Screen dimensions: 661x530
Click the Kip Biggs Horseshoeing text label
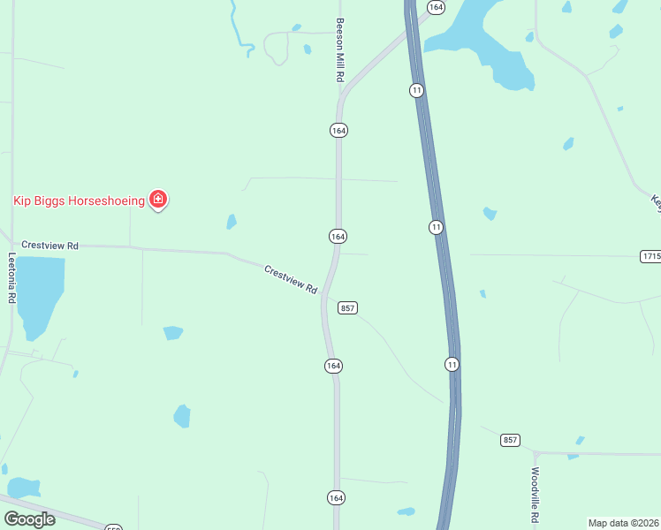tap(79, 201)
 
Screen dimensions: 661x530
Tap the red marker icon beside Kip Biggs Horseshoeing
tap(158, 200)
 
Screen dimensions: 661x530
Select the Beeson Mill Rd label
tap(338, 51)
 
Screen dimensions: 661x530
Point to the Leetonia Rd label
tap(12, 279)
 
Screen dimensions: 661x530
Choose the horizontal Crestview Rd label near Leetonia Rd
tap(50, 245)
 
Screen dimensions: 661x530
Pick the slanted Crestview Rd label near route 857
tap(291, 279)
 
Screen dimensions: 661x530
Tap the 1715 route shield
tap(650, 255)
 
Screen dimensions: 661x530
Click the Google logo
tap(30, 519)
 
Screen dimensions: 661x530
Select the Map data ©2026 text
tap(623, 523)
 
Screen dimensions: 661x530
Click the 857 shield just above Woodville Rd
tap(510, 440)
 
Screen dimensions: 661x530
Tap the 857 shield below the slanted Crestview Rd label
tap(347, 307)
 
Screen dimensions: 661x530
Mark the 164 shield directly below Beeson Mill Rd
tap(338, 130)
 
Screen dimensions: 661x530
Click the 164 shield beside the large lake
tap(436, 6)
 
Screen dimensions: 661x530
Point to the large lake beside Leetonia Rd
tap(40, 291)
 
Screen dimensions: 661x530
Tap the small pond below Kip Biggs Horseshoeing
tap(232, 222)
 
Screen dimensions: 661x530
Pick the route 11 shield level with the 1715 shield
tap(436, 227)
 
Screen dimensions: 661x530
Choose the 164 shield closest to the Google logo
tap(336, 497)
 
